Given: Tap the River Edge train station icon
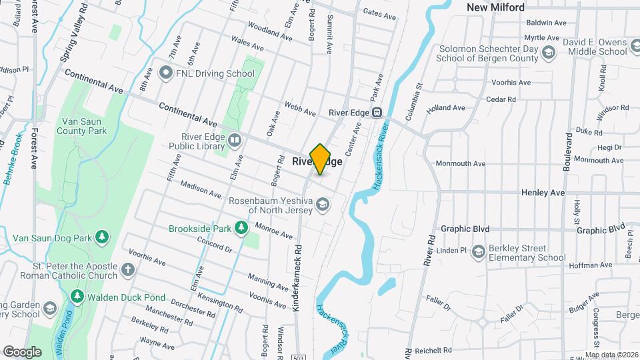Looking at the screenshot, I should click(x=377, y=113).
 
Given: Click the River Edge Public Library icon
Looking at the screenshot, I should click(x=233, y=140).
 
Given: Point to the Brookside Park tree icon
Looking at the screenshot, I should click(x=241, y=229).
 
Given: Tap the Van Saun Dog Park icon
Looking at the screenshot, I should click(x=102, y=237).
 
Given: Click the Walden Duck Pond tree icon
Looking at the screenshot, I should click(x=77, y=296).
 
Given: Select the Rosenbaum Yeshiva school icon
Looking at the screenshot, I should click(x=323, y=205).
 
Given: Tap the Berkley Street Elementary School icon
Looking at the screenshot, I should click(x=478, y=252).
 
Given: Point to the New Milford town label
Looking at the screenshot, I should click(x=495, y=7).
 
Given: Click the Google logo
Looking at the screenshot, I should click(x=22, y=351).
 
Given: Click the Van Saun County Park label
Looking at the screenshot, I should click(x=84, y=126).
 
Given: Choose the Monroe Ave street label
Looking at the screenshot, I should click(x=274, y=231).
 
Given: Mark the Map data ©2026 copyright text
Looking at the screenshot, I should click(x=611, y=355).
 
